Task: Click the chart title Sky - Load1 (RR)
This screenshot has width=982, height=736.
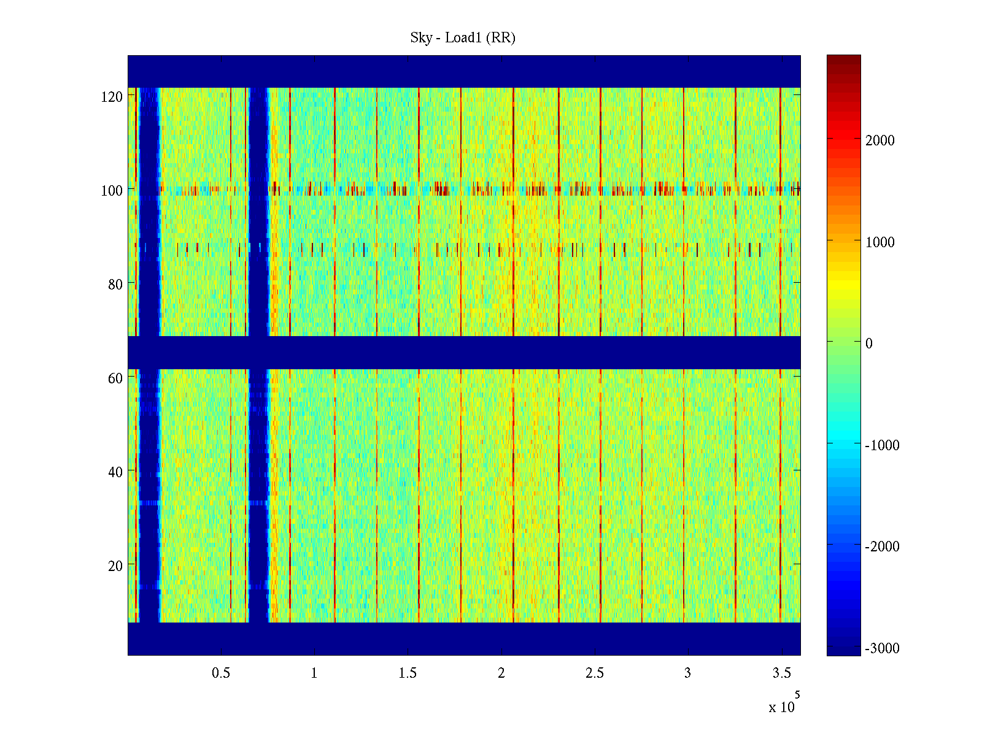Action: coord(463,38)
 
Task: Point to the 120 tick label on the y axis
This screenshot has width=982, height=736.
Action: coord(112,97)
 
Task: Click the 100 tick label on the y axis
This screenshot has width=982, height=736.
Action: coord(112,191)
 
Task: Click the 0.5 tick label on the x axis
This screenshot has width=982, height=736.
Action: coord(221,673)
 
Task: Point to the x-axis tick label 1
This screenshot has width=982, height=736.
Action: coord(314,673)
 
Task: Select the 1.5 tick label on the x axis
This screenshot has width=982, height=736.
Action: coord(408,673)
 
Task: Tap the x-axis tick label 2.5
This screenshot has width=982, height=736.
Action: coord(595,673)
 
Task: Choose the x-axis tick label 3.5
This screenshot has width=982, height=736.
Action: coord(781,673)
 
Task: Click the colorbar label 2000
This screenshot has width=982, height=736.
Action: coord(880,140)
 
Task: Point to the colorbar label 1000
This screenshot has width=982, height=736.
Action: coord(880,242)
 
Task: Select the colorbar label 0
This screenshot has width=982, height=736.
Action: coord(869,343)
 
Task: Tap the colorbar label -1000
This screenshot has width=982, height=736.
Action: coord(882,445)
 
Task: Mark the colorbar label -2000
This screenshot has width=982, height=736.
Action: coord(882,546)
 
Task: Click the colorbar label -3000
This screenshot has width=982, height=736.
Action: coord(882,648)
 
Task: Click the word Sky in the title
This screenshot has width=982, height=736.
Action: coord(421,38)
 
